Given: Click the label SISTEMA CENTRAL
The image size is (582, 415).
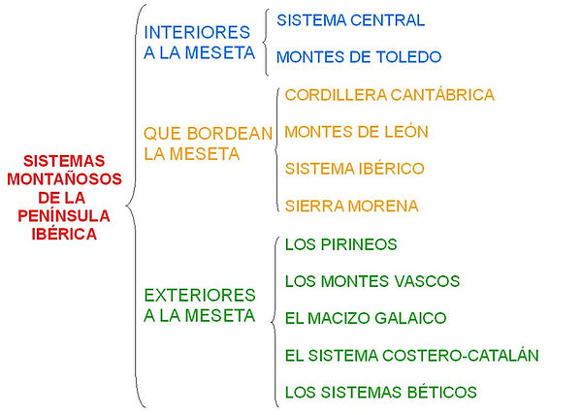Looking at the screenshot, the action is click(350, 20).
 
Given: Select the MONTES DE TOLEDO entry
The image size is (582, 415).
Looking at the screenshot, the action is click(359, 57).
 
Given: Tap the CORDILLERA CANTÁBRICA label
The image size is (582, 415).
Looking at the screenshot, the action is click(390, 95).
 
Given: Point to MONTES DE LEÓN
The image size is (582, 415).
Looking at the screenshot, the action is click(357, 132).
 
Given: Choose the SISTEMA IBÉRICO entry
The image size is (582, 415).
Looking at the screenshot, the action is click(355, 169).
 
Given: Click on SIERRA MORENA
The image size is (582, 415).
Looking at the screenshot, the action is click(352, 206).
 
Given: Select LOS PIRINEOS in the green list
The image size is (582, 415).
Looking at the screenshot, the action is click(341, 244).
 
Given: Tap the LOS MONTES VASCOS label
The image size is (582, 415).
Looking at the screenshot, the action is click(372, 281).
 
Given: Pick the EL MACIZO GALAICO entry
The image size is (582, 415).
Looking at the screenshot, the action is click(366, 318).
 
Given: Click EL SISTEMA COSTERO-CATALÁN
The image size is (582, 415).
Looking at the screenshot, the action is click(412, 356).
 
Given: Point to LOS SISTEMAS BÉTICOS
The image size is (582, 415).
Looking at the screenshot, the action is click(381, 393).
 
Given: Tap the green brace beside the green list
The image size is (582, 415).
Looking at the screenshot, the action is click(273, 318).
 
